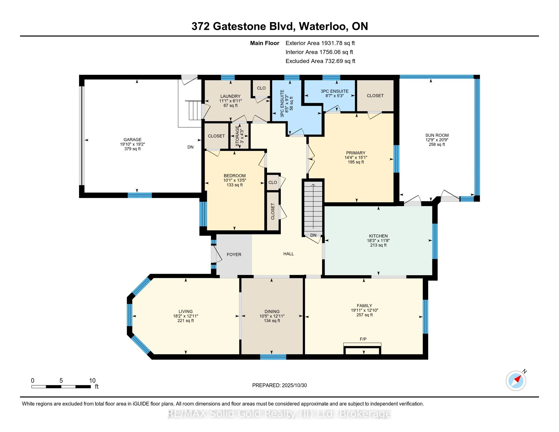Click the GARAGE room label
[132, 140]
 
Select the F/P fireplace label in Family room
[363, 339]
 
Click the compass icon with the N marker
[516, 381]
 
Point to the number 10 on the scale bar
[92, 381]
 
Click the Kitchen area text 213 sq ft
[378, 245]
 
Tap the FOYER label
[234, 254]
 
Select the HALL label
[288, 254]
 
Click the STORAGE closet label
[238, 136]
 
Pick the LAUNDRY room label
[230, 96]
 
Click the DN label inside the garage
[190, 147]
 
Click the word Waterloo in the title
[323, 26]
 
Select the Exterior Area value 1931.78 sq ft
[338, 43]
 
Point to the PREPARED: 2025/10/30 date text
[279, 385]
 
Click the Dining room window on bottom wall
[273, 357]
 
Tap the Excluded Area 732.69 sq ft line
[320, 61]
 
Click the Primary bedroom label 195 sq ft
[355, 162]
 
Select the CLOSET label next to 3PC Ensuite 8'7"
[375, 96]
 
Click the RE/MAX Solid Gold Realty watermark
[279, 414]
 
